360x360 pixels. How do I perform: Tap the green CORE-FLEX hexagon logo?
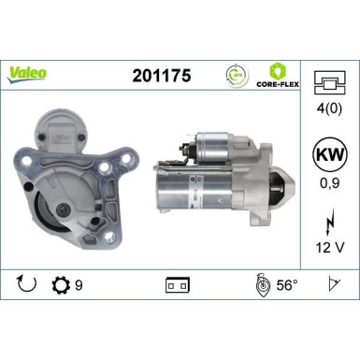click(x=278, y=70)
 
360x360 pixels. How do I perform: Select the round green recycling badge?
click(x=238, y=74)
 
